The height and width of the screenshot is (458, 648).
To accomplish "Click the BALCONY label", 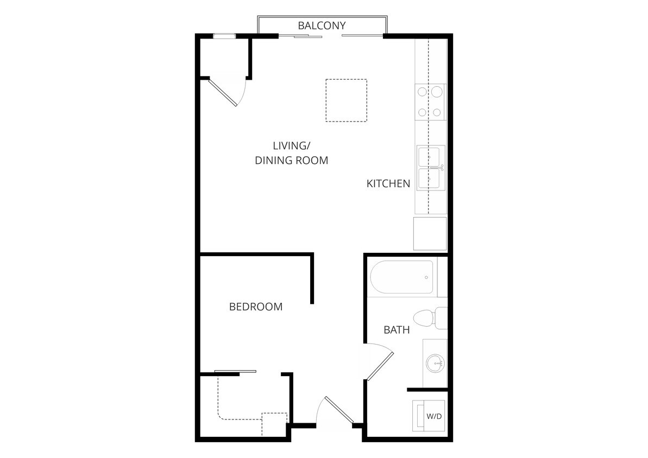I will [x=322, y=26].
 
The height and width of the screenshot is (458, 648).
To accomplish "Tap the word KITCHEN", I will [x=388, y=184].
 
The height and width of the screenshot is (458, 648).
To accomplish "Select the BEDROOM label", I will [x=256, y=307].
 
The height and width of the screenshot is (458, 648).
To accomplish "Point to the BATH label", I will [x=397, y=330].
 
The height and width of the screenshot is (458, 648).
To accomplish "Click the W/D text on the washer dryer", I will [x=433, y=417].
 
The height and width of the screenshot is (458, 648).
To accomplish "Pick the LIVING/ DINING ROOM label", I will [x=292, y=153].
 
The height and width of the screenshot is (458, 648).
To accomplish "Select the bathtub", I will [x=402, y=278].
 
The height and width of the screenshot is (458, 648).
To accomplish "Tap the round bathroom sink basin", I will [x=435, y=363].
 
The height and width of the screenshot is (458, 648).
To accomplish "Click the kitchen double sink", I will [x=431, y=168].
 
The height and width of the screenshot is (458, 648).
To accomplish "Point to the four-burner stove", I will [x=430, y=102].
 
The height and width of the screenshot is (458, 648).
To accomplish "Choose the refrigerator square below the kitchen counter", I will [x=430, y=233].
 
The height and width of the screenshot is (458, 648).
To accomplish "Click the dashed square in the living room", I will [x=346, y=100].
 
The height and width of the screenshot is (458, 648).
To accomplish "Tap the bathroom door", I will [x=380, y=366].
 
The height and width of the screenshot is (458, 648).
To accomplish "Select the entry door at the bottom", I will [x=339, y=410].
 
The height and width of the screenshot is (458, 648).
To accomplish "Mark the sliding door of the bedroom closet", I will [x=235, y=372].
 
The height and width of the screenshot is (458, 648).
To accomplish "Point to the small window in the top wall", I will [x=223, y=36].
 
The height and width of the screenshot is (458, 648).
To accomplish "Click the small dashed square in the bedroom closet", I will [x=274, y=422].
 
